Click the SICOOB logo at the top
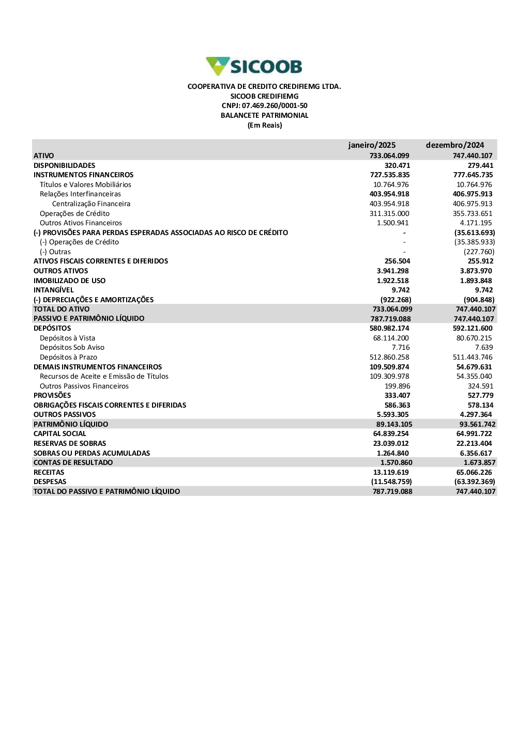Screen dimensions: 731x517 pyautogui.click(x=254, y=67)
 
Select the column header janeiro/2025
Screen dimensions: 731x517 pyautogui.click(x=372, y=145)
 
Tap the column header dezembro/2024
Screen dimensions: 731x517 pyautogui.click(x=455, y=145)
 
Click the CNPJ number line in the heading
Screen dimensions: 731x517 pyautogui.click(x=264, y=106)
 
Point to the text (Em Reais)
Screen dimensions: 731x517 pyautogui.click(x=265, y=126)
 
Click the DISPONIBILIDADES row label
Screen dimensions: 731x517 pyautogui.click(x=65, y=165)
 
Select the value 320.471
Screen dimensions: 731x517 pyautogui.click(x=397, y=165)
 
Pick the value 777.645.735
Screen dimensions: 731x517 pyautogui.click(x=473, y=175)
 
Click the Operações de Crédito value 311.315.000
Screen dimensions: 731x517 pyautogui.click(x=389, y=213)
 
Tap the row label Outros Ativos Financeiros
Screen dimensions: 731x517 pyautogui.click(x=81, y=223)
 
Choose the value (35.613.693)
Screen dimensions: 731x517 pyautogui.click(x=475, y=232)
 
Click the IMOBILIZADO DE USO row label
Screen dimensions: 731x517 pyautogui.click(x=69, y=281)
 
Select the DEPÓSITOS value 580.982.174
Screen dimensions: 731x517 pyautogui.click(x=389, y=329)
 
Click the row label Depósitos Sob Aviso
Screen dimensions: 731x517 pyautogui.click(x=72, y=348)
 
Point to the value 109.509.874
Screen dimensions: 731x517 pyautogui.click(x=389, y=367)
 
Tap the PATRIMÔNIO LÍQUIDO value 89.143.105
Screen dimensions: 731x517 pyautogui.click(x=394, y=424)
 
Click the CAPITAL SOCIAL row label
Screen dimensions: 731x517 pyautogui.click(x=60, y=434)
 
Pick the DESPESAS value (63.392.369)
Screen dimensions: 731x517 pyautogui.click(x=475, y=482)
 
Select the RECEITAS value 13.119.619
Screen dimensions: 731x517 pyautogui.click(x=391, y=472)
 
